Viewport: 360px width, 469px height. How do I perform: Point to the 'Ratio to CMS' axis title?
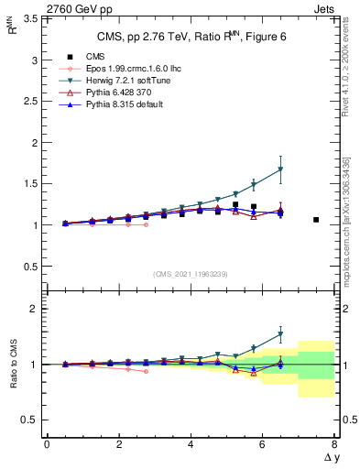tap(14, 364)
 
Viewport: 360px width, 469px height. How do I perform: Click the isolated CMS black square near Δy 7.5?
tap(316, 220)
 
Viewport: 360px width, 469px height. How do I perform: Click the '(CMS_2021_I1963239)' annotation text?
tap(190, 274)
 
